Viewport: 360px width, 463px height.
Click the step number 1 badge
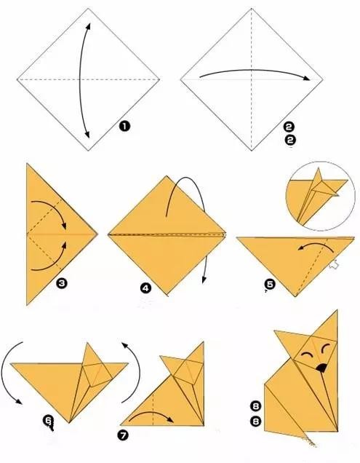124,127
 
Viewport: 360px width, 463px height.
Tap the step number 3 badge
62,283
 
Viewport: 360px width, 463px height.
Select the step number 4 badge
145,288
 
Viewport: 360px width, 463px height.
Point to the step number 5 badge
270,285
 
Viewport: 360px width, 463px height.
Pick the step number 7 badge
123,435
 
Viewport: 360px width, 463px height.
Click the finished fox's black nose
321,368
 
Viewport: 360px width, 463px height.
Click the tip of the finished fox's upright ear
337,311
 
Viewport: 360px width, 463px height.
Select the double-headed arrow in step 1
80,80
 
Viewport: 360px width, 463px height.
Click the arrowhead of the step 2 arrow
307,78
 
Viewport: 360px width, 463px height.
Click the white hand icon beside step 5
334,264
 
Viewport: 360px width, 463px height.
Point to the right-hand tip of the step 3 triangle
97,234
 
